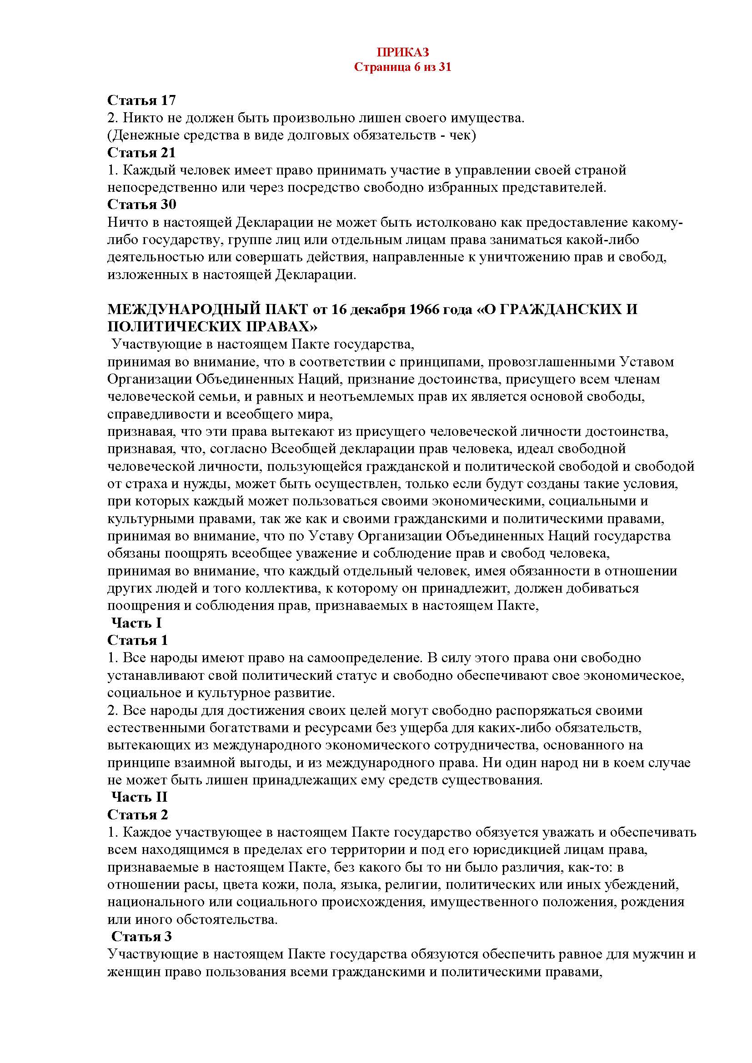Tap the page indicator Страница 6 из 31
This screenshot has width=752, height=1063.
[402, 67]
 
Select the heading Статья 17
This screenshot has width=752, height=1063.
[142, 100]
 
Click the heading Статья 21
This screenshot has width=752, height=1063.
[142, 152]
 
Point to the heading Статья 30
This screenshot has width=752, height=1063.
[142, 204]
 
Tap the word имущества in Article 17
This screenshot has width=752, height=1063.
[491, 118]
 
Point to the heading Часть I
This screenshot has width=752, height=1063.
[136, 623]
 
